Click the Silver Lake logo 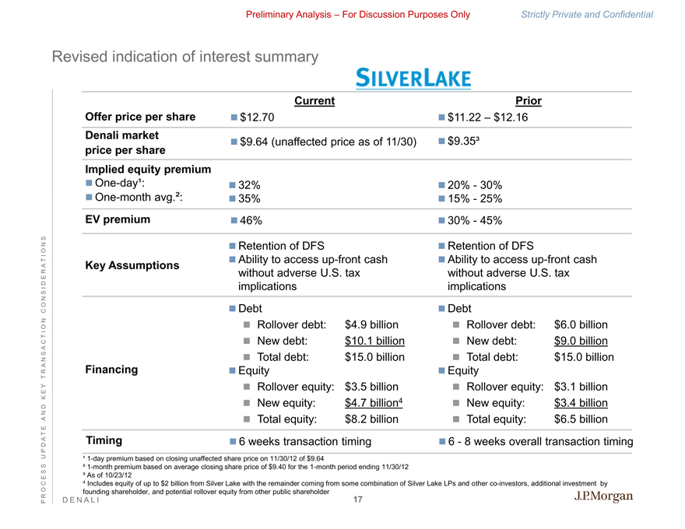click(x=413, y=78)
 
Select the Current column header click(x=314, y=100)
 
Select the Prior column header click(x=529, y=100)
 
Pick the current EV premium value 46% click(x=251, y=220)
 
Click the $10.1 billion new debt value click(x=374, y=341)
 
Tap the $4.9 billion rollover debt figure click(x=371, y=324)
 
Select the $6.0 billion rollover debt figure click(x=580, y=324)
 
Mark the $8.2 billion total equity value click(x=371, y=419)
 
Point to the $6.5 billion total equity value click(x=580, y=419)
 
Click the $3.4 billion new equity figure click(x=580, y=402)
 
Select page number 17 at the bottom click(x=358, y=499)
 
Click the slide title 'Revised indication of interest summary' click(x=184, y=57)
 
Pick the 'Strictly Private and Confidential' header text click(x=587, y=15)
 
